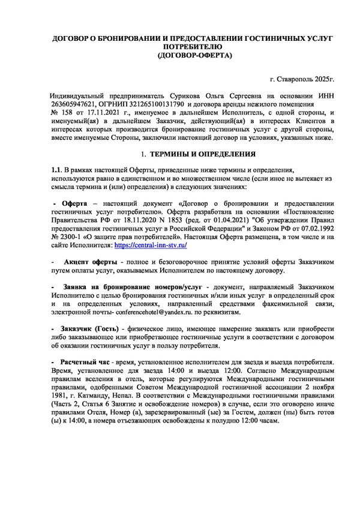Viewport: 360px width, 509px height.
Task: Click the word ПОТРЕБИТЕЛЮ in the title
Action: tap(193, 46)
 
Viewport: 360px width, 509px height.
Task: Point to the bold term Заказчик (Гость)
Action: tap(90, 330)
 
